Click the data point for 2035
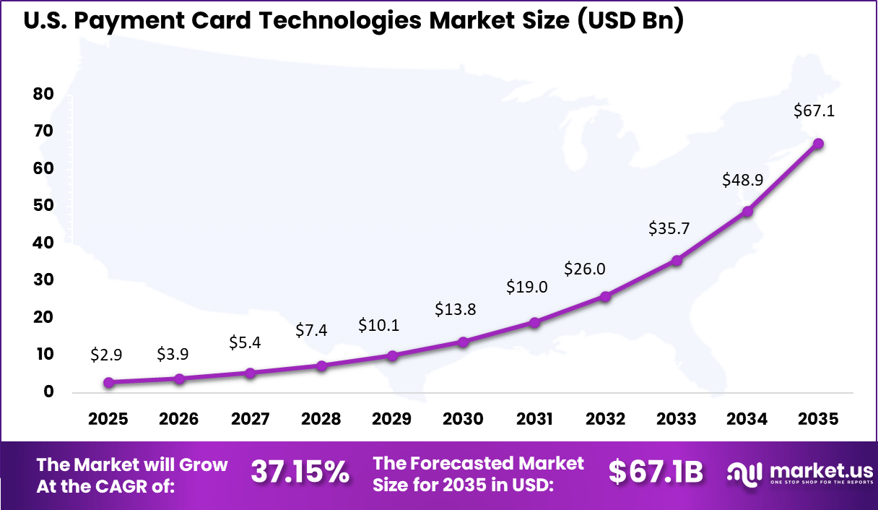point(818,144)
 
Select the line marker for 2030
point(464,342)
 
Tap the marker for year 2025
point(109,383)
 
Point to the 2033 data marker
point(677,260)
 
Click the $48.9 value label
point(742,181)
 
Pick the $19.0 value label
point(527,287)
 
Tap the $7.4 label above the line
point(312,331)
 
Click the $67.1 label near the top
point(814,111)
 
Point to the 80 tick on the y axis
point(43,94)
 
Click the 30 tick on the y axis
point(43,280)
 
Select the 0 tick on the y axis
point(48,392)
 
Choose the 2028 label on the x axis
point(321,420)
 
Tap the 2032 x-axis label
point(605,420)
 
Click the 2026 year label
point(179,420)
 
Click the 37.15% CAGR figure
point(300,472)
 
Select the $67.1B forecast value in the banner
point(655,472)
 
